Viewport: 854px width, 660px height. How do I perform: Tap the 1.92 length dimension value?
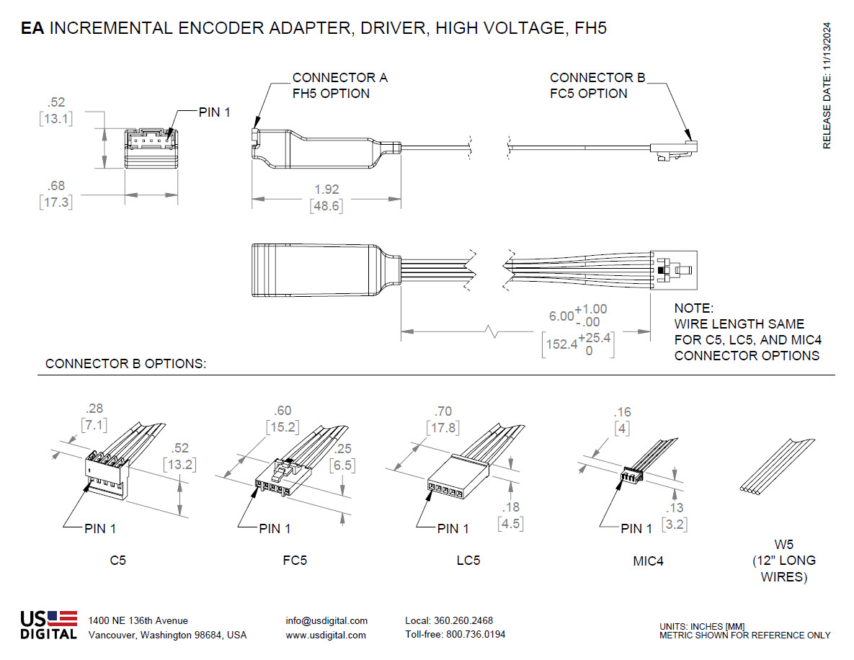326,189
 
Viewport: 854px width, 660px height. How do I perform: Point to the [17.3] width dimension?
55,202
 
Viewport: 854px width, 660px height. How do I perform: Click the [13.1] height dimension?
55,119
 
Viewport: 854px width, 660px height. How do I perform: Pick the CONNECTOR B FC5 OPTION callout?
597,85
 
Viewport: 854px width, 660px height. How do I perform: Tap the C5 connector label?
117,560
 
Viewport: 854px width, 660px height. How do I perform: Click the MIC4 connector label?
647,560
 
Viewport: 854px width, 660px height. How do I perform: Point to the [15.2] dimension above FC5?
283,427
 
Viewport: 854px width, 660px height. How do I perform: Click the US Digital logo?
48,625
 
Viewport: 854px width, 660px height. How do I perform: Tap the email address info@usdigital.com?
326,620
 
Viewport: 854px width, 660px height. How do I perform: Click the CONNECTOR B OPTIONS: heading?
125,364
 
